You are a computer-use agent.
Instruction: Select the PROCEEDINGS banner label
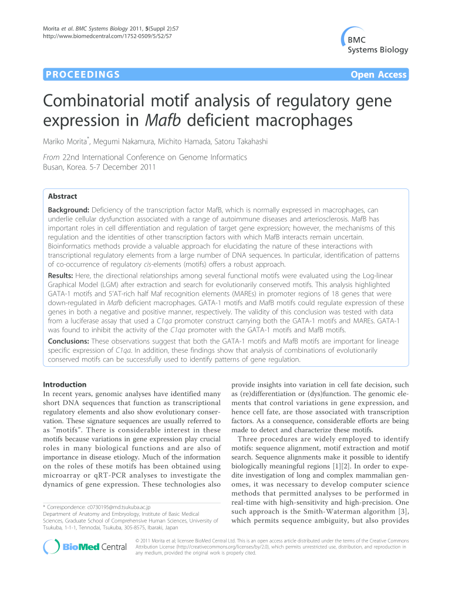[82, 75]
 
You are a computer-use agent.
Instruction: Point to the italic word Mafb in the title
[160, 122]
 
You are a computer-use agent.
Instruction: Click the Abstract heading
[62, 197]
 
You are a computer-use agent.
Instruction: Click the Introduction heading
[65, 384]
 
